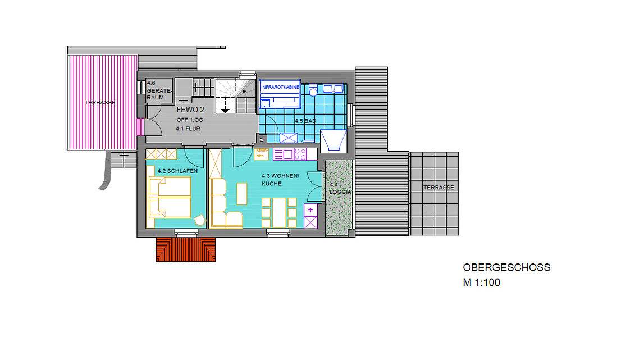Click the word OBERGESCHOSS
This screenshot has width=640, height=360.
(506, 268)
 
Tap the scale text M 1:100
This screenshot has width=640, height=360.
(481, 283)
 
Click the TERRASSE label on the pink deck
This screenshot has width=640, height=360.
(100, 102)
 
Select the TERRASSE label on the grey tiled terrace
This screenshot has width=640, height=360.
(439, 188)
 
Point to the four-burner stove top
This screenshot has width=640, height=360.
(299, 153)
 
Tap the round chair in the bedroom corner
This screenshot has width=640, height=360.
(199, 220)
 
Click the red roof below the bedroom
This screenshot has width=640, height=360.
(186, 249)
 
